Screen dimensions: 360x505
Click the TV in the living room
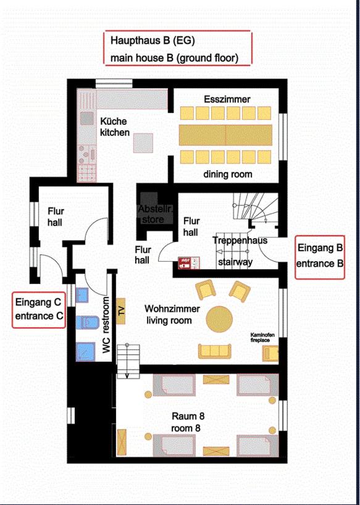point(121,311)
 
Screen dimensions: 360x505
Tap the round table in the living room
point(219,319)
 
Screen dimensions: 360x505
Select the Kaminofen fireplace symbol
point(270,353)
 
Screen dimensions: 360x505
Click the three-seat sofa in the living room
point(214,351)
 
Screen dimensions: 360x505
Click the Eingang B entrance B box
point(320,257)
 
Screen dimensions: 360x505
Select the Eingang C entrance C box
point(39,310)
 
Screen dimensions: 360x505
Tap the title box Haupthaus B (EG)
point(178,48)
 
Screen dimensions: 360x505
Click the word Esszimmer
point(227,99)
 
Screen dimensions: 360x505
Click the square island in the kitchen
point(143,143)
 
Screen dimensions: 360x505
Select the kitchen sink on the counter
point(87,118)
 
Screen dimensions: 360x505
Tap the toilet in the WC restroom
point(87,323)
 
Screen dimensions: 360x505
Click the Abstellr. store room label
point(156,214)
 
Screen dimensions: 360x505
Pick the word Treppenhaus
point(240,240)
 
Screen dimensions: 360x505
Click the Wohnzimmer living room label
point(172,315)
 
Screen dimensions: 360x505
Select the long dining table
point(225,135)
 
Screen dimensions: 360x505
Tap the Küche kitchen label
point(115,127)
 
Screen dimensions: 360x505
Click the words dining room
point(228,174)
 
